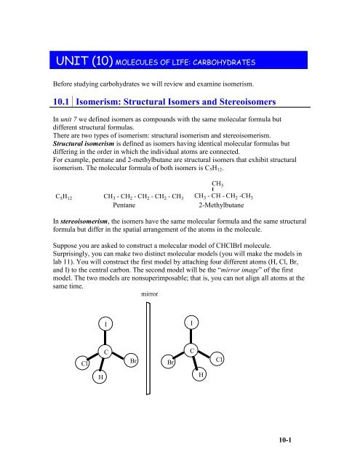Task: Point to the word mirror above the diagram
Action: (148, 295)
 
